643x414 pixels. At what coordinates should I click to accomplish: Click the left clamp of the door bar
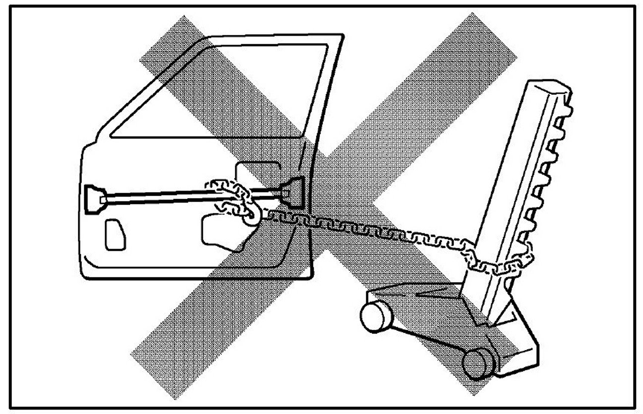(94, 199)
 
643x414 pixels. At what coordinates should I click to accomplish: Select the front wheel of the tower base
(476, 363)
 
